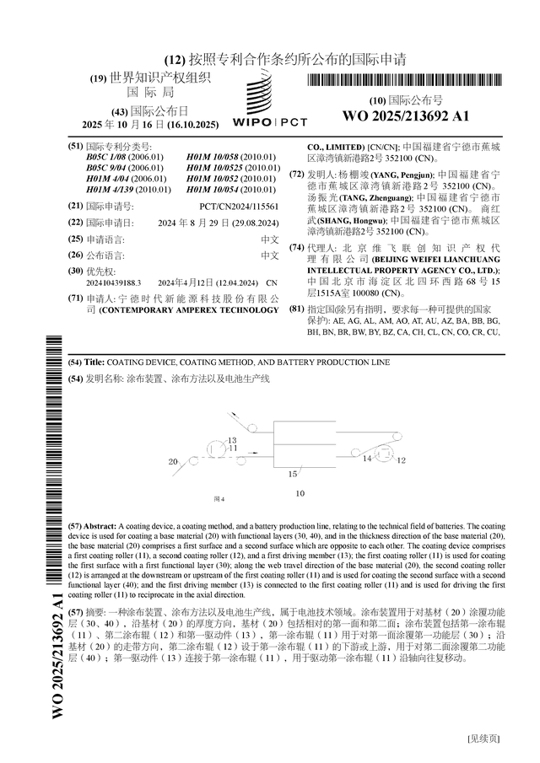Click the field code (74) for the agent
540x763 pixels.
296,248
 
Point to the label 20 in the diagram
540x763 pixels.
173,462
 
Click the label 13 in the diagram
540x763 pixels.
233,440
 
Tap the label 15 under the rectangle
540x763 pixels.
292,474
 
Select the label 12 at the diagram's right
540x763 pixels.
402,460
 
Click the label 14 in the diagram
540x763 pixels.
367,459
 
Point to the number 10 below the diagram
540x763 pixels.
300,492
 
